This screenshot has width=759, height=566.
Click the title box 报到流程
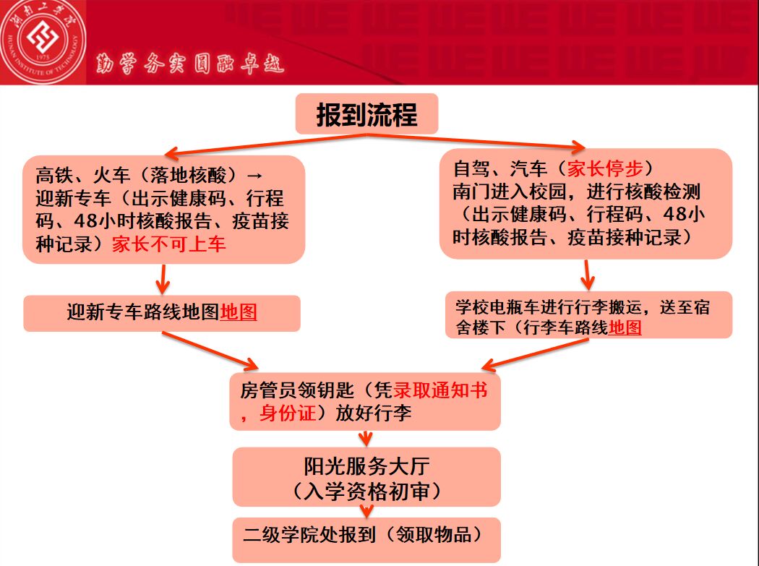click(x=366, y=113)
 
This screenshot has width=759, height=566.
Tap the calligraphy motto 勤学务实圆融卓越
click(x=190, y=66)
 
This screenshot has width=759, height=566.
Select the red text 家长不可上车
click(x=168, y=244)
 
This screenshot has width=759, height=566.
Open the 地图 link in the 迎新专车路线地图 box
click(x=239, y=312)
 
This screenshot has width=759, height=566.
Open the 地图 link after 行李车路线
click(x=625, y=327)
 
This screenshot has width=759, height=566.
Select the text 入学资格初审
click(x=366, y=492)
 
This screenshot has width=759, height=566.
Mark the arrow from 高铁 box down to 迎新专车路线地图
click(x=162, y=278)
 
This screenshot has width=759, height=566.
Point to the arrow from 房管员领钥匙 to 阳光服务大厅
click(x=366, y=437)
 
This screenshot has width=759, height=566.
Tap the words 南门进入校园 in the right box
click(x=496, y=192)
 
